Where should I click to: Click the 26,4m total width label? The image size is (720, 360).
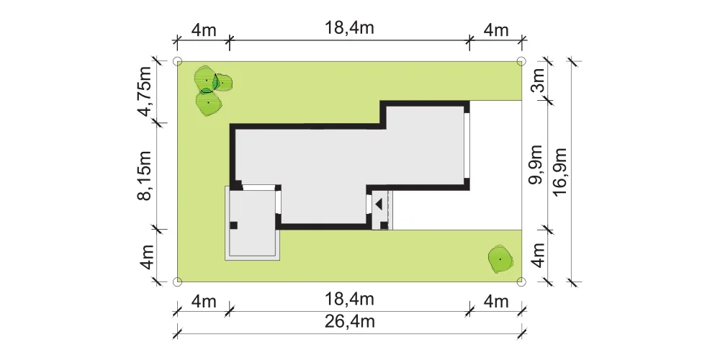(x=349, y=322)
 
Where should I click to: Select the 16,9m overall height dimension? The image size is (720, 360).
(x=561, y=172)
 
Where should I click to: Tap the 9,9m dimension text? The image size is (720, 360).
(x=536, y=164)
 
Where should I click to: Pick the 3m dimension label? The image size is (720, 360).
(x=538, y=80)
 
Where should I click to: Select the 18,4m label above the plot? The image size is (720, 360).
(x=349, y=28)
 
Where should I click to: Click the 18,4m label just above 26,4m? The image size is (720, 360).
(x=349, y=300)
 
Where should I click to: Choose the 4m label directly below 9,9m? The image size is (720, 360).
(x=538, y=256)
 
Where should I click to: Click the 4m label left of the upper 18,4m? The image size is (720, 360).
(x=204, y=30)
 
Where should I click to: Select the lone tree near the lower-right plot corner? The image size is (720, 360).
(x=500, y=260)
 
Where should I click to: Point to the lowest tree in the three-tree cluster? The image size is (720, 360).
(x=209, y=102)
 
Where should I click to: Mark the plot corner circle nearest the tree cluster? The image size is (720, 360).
(x=177, y=61)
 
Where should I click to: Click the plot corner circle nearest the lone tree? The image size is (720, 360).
(x=521, y=282)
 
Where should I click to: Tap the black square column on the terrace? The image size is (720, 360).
(x=234, y=225)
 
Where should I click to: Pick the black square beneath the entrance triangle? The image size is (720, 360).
(x=384, y=225)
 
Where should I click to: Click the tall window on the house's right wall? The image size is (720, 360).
(x=467, y=145)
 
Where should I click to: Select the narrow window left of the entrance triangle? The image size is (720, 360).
(x=369, y=204)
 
